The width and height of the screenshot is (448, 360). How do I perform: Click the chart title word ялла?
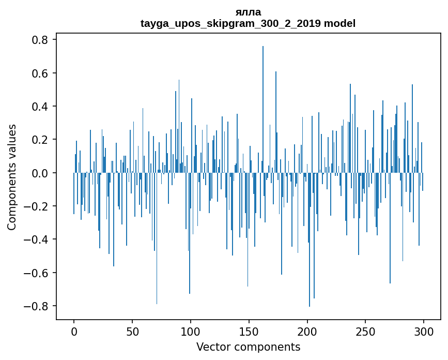click(x=248, y=12)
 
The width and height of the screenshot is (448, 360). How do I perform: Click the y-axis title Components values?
click(x=12, y=177)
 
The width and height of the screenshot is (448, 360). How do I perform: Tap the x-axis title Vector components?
click(x=248, y=347)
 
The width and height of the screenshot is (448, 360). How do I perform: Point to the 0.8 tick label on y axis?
click(x=40, y=40)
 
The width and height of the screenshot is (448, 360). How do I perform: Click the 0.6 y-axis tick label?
click(x=40, y=73)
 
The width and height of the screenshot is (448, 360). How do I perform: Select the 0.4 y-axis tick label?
click(x=40, y=107)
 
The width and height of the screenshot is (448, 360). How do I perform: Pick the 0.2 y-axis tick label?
click(x=40, y=140)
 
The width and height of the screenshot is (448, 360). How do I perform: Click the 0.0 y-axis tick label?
click(x=40, y=173)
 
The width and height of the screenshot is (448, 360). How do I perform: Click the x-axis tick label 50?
click(x=132, y=331)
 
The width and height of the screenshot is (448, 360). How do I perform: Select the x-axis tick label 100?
click(x=191, y=331)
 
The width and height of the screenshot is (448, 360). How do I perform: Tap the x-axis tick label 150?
click(x=249, y=331)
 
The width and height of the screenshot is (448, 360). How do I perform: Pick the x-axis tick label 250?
click(x=365, y=331)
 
